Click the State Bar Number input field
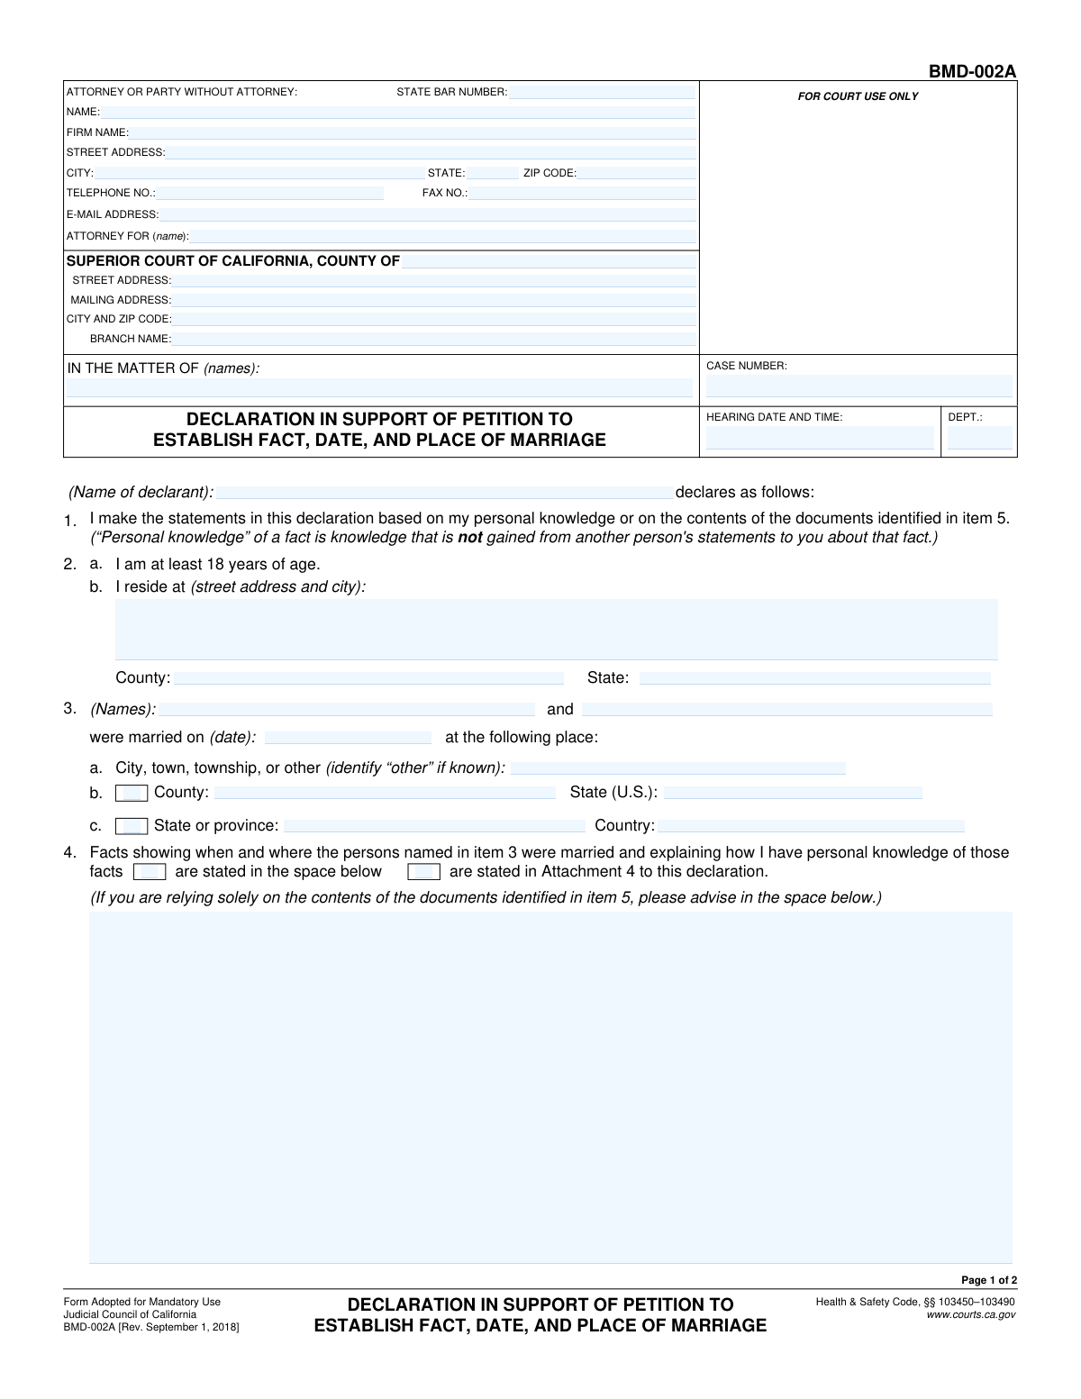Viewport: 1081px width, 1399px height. coord(602,92)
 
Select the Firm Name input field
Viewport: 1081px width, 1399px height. coord(413,132)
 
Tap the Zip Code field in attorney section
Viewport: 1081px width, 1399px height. coord(636,173)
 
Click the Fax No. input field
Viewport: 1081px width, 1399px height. coord(582,193)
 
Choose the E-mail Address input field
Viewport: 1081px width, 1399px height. coord(428,214)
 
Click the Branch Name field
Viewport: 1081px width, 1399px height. coord(434,339)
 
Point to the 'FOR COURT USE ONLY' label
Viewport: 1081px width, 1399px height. coord(858,96)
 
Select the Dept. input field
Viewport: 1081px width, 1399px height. coord(979,439)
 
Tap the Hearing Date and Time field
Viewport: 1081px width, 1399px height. coord(820,439)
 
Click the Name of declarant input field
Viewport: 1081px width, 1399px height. coord(444,492)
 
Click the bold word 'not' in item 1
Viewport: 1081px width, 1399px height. coord(470,538)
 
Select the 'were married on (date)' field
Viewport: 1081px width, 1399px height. coord(348,737)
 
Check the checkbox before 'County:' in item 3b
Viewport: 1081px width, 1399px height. coord(132,793)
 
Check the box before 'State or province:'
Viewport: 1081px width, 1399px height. coord(132,826)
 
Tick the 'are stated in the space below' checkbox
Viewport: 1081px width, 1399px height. coord(149,871)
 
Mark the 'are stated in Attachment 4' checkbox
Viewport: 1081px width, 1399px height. coord(423,871)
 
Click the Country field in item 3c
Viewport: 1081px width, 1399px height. coord(811,825)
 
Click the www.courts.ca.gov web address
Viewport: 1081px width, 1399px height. coord(970,1315)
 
